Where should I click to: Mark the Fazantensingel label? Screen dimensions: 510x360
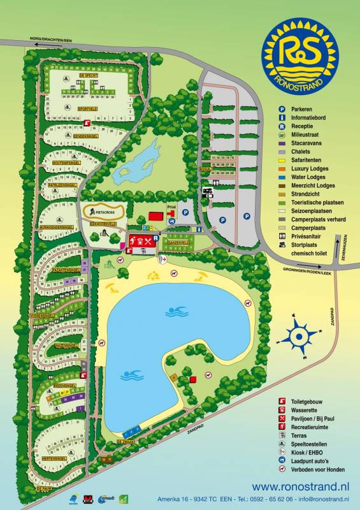[61, 271]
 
